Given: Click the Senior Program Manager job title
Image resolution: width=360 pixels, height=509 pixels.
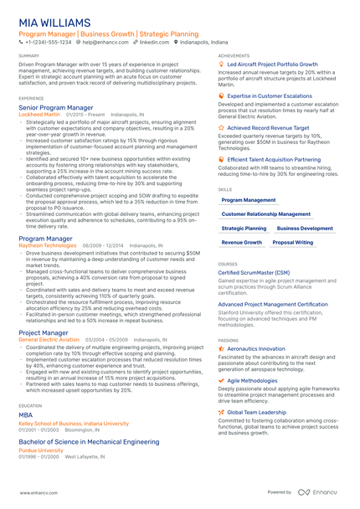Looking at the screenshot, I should (55, 108).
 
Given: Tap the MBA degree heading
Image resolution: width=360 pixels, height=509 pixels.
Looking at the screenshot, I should (25, 414).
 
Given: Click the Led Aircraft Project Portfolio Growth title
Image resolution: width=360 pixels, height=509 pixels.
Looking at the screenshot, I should (272, 64).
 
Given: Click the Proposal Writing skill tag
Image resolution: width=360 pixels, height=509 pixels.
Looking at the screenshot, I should (293, 242).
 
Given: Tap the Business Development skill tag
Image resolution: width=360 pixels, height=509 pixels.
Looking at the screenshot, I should (305, 228).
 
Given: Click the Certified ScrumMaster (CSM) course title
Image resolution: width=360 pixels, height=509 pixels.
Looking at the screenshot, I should (254, 273).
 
